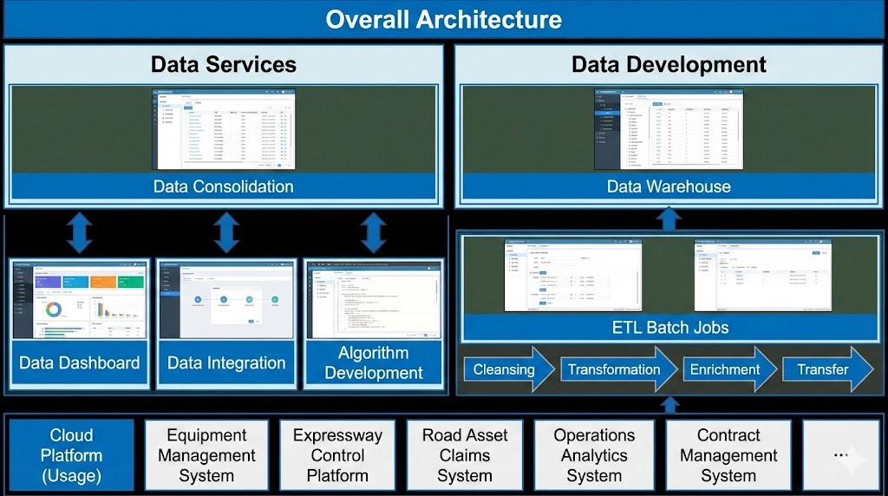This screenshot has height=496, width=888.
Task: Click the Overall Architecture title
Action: tap(443, 19)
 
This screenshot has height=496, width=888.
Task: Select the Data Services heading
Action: tap(224, 64)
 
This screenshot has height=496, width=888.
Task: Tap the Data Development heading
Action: tap(669, 64)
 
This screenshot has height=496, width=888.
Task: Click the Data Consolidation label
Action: tap(224, 186)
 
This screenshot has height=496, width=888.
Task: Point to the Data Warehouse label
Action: tap(669, 186)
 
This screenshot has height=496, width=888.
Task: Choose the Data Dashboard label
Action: tap(80, 363)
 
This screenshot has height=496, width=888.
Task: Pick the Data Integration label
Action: tap(226, 363)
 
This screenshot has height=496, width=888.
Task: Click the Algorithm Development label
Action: tap(374, 363)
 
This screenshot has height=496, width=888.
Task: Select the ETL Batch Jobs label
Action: tap(669, 328)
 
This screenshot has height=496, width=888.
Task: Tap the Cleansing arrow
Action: tap(506, 369)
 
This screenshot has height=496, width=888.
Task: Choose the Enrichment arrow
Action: tap(727, 369)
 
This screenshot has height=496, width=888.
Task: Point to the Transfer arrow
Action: tap(825, 369)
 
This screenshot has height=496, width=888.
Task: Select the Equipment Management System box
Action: tap(206, 455)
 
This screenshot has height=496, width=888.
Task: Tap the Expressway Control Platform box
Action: tap(337, 455)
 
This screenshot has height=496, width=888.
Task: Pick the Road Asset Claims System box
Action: tap(465, 455)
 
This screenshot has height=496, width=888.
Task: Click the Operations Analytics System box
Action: tap(595, 455)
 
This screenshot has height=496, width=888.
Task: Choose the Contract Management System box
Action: tap(728, 455)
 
